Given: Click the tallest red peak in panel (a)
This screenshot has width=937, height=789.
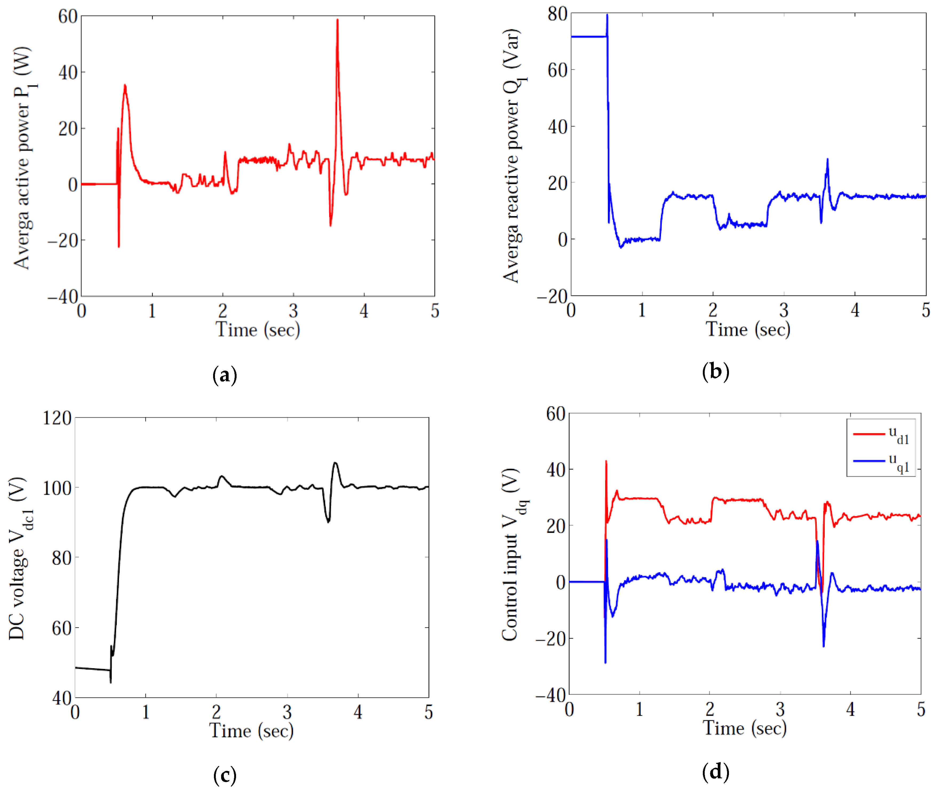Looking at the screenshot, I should tap(337, 20).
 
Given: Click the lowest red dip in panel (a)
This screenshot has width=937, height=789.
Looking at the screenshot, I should tap(119, 246).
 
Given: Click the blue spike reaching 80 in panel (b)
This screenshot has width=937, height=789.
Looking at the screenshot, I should tap(607, 15).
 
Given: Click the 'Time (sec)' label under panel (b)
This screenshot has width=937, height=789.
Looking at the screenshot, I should tap(748, 330).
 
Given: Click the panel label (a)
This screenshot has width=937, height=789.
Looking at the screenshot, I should tap(225, 375).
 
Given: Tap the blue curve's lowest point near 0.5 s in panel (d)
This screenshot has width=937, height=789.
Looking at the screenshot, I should tap(605, 662).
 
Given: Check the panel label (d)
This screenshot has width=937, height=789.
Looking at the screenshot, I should tap(716, 772).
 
